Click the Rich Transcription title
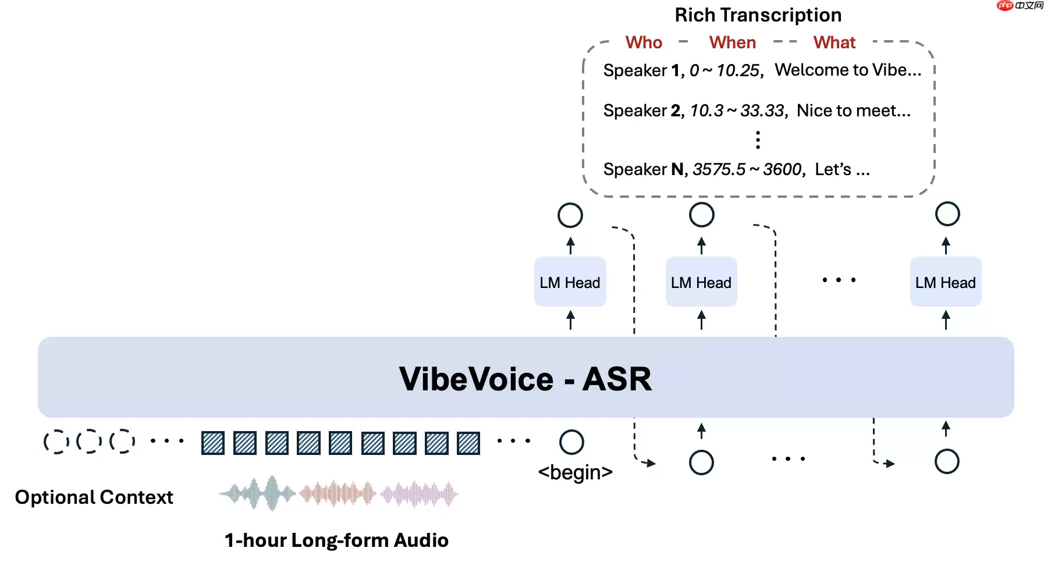click(758, 15)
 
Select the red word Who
click(644, 42)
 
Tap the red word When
click(732, 42)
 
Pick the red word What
click(834, 42)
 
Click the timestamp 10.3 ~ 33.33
click(738, 111)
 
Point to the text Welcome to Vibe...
click(847, 70)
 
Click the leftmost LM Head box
click(570, 282)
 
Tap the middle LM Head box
click(701, 282)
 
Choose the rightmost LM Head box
click(945, 282)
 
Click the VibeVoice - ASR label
click(525, 379)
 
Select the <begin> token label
click(575, 472)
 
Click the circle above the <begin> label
click(571, 442)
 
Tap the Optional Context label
click(94, 497)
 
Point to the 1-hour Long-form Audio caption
click(336, 540)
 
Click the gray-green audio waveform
click(257, 494)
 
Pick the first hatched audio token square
click(213, 443)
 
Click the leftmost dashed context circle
click(56, 442)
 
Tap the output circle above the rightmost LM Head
click(947, 214)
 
